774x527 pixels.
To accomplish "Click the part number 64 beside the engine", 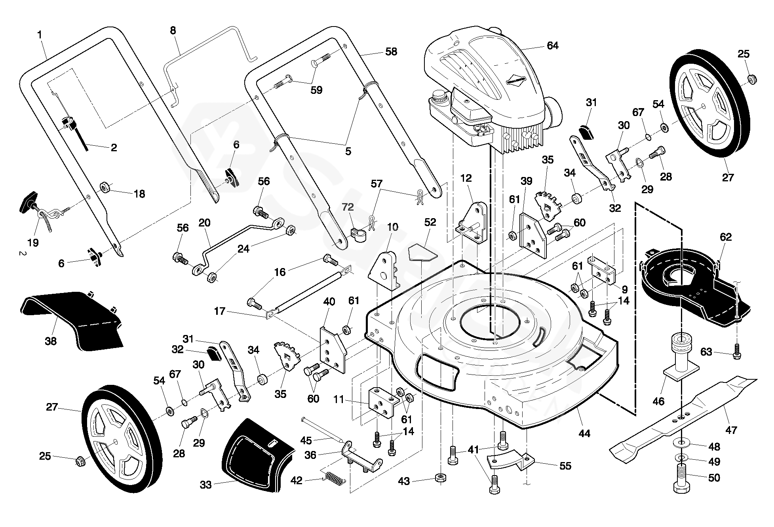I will click(x=552, y=46).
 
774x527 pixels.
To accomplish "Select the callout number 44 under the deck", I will click(x=584, y=434).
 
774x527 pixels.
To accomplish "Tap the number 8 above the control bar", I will click(x=173, y=30).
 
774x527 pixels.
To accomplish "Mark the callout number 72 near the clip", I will click(x=348, y=207).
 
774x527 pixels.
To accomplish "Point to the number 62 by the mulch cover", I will click(x=726, y=237).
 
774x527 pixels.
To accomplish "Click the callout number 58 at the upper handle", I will click(x=391, y=52).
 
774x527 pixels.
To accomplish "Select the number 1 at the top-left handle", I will click(x=40, y=35).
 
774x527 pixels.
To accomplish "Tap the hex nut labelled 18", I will click(x=105, y=187).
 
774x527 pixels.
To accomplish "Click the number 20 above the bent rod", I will click(x=205, y=223).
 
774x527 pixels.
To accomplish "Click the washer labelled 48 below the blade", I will click(x=681, y=441).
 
